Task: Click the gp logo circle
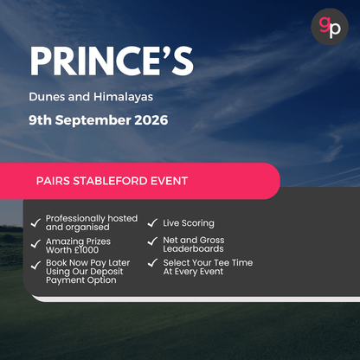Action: pyautogui.click(x=330, y=27)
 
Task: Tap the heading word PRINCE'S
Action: pyautogui.click(x=111, y=61)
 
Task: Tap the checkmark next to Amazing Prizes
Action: pyautogui.click(x=35, y=245)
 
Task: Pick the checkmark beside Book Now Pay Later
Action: pyautogui.click(x=35, y=266)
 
